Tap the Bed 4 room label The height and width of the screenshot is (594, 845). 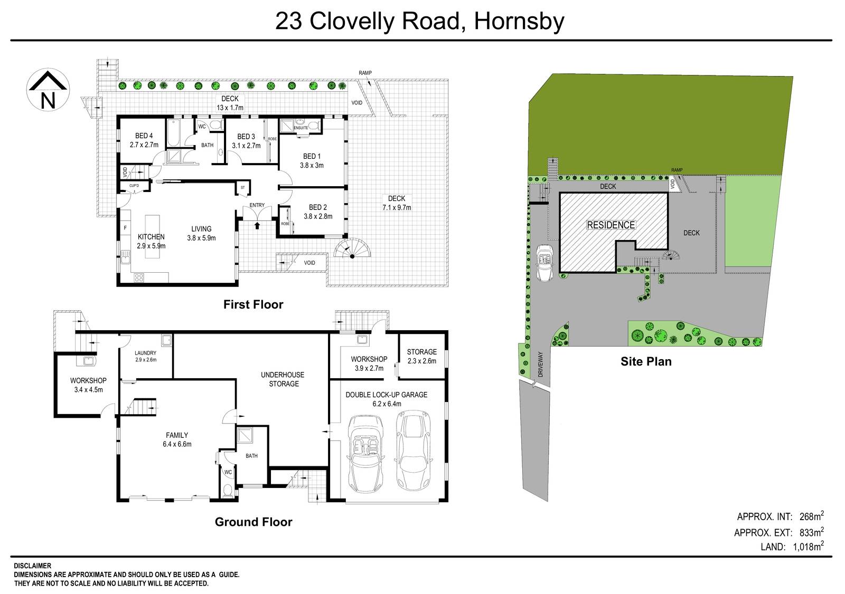(x=144, y=140)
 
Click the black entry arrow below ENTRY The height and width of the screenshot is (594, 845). (x=257, y=225)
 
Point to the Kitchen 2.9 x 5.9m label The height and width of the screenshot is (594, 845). (x=151, y=241)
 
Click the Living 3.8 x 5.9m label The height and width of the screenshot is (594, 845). (x=201, y=233)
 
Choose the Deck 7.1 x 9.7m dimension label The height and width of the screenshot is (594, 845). (x=396, y=203)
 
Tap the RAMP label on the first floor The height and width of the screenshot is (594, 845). (x=365, y=73)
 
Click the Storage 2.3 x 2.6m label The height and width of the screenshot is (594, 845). (x=421, y=356)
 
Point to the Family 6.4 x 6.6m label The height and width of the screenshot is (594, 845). (x=177, y=439)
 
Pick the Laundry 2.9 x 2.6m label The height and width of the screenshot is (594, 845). (x=145, y=356)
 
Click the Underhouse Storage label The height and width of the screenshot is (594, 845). (x=283, y=379)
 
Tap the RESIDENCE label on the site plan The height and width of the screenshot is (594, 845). (x=611, y=225)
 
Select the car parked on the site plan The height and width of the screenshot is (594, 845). (x=544, y=263)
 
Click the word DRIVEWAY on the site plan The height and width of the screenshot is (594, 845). (x=540, y=364)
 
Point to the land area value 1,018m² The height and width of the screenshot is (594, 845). (x=808, y=547)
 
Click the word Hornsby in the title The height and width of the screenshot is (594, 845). (x=519, y=22)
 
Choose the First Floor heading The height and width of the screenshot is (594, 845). (x=253, y=304)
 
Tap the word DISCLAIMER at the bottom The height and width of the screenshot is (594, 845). (x=33, y=566)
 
